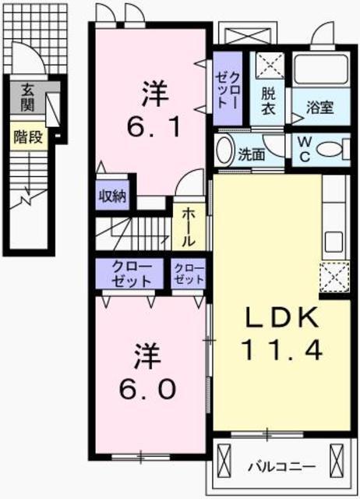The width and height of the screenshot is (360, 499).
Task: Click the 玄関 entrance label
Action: (28, 97)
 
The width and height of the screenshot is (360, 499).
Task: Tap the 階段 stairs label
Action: (27, 138)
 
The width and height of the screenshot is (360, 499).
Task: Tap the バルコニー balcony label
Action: (281, 467)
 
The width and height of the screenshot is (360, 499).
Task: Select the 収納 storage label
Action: (113, 196)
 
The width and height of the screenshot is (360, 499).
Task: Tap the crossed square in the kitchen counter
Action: (333, 275)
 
